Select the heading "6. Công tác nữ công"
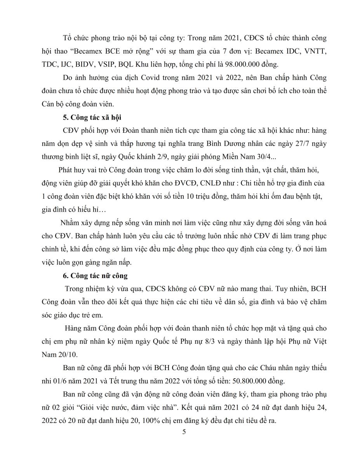pyautogui.click(x=95, y=276)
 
